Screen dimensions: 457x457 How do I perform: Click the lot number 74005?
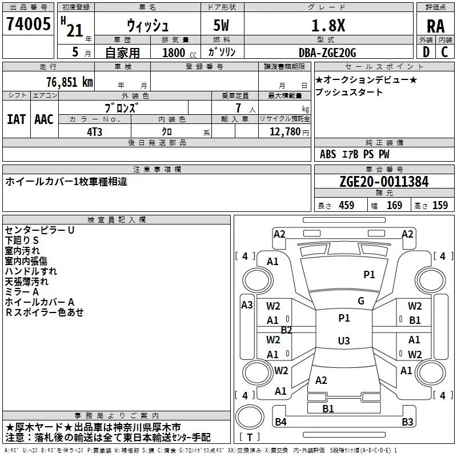click(x=29, y=23)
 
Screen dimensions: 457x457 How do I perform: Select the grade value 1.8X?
click(x=328, y=25)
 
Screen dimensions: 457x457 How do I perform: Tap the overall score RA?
click(x=435, y=26)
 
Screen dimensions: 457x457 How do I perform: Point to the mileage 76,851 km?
click(x=70, y=82)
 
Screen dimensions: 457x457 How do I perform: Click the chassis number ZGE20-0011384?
click(x=384, y=182)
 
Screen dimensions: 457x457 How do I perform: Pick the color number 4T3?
click(x=94, y=132)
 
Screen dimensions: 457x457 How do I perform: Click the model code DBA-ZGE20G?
click(x=327, y=53)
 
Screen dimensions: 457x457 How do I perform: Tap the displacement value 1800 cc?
click(x=179, y=53)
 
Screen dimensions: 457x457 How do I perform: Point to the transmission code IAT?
click(x=17, y=119)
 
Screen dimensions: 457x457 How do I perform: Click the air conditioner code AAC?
click(x=44, y=119)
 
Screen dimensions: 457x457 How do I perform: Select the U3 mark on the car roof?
click(x=344, y=340)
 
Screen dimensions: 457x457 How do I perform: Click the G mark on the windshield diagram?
click(x=361, y=301)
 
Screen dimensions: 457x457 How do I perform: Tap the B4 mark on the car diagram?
click(x=280, y=422)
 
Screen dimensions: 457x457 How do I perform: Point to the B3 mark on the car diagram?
click(x=407, y=422)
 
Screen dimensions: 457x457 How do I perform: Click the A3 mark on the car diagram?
click(x=247, y=305)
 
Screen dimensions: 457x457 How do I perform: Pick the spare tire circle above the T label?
click(x=250, y=416)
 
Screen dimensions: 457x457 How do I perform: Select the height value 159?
click(x=440, y=205)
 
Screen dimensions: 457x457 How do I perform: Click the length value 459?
click(x=347, y=205)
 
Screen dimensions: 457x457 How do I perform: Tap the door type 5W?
click(x=221, y=25)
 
